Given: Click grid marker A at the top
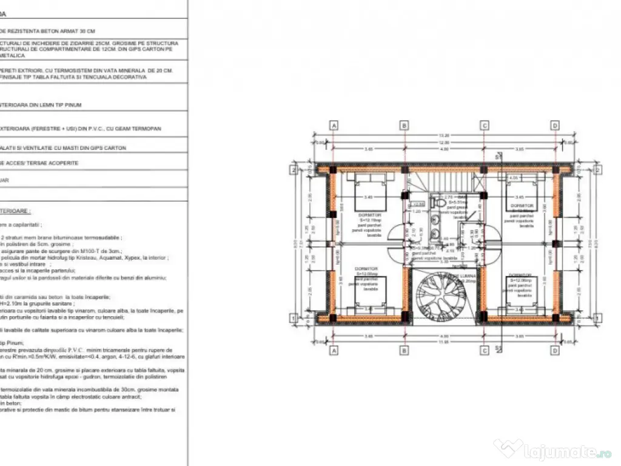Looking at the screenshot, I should point(334,125).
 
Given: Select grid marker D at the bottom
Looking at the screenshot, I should point(554,350).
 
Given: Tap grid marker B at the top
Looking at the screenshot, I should point(404,125).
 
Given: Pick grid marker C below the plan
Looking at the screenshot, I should point(485,350).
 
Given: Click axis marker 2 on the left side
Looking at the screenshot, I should point(293,170).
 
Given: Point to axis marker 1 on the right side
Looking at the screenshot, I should point(597,318).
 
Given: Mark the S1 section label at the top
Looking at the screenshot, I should point(498,157).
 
